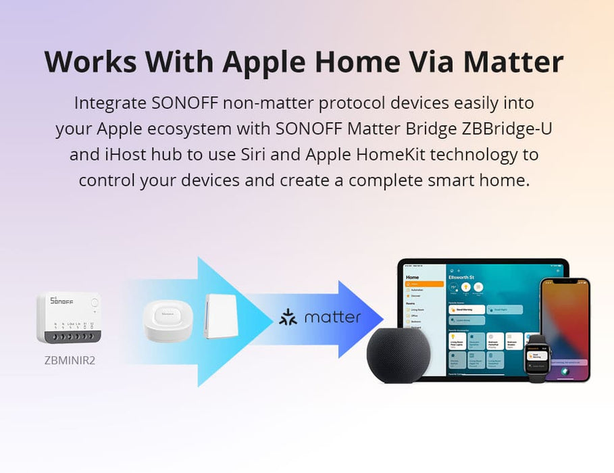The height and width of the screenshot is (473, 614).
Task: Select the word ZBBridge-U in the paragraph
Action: click(x=505, y=128)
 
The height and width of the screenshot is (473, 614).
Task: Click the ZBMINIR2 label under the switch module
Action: click(x=70, y=360)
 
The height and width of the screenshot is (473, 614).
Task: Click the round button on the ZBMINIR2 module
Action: click(x=94, y=303)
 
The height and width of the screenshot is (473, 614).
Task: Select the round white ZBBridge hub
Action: click(x=168, y=320)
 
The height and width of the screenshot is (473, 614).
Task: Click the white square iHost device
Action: click(x=222, y=316)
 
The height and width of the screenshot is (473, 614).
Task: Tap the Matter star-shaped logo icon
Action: click(x=288, y=318)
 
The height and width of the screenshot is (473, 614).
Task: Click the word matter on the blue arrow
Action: click(x=332, y=318)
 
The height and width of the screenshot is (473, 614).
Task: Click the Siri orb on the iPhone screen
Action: click(x=565, y=370)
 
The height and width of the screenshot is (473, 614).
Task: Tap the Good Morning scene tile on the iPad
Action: click(x=466, y=309)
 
